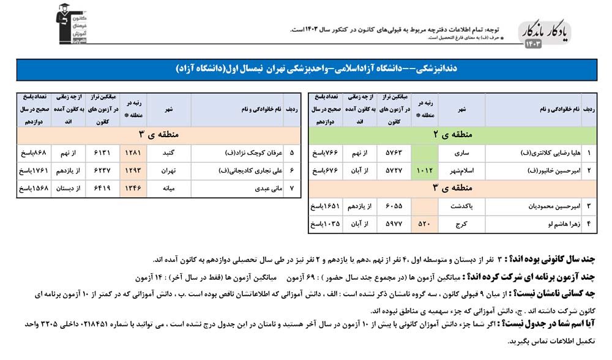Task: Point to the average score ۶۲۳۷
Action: [x=102, y=170]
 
